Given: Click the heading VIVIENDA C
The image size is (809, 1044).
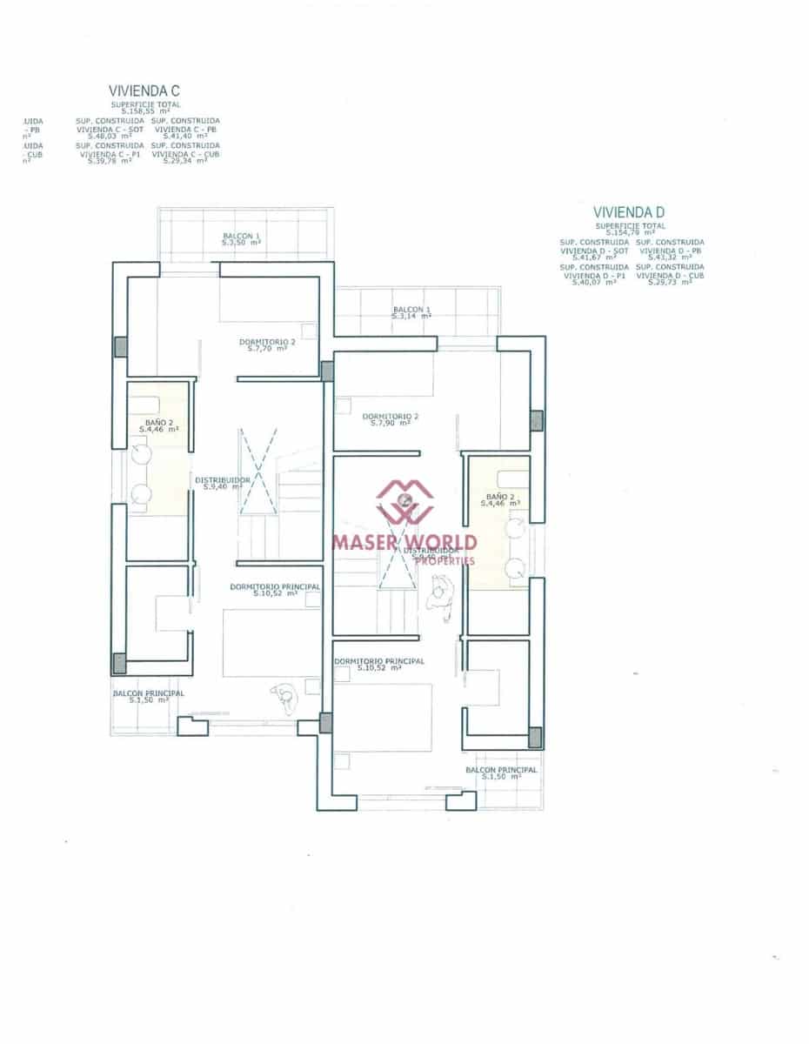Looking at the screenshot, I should (144, 90).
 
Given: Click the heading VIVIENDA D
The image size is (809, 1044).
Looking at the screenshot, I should (629, 212).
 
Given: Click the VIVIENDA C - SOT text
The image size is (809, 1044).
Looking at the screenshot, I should (110, 129).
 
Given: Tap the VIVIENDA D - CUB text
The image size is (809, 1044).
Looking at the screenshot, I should (670, 275).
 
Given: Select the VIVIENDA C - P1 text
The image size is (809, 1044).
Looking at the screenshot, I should (109, 153).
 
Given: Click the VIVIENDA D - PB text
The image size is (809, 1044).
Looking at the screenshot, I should (670, 251).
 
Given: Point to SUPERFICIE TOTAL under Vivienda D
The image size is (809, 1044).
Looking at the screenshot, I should (631, 225).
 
